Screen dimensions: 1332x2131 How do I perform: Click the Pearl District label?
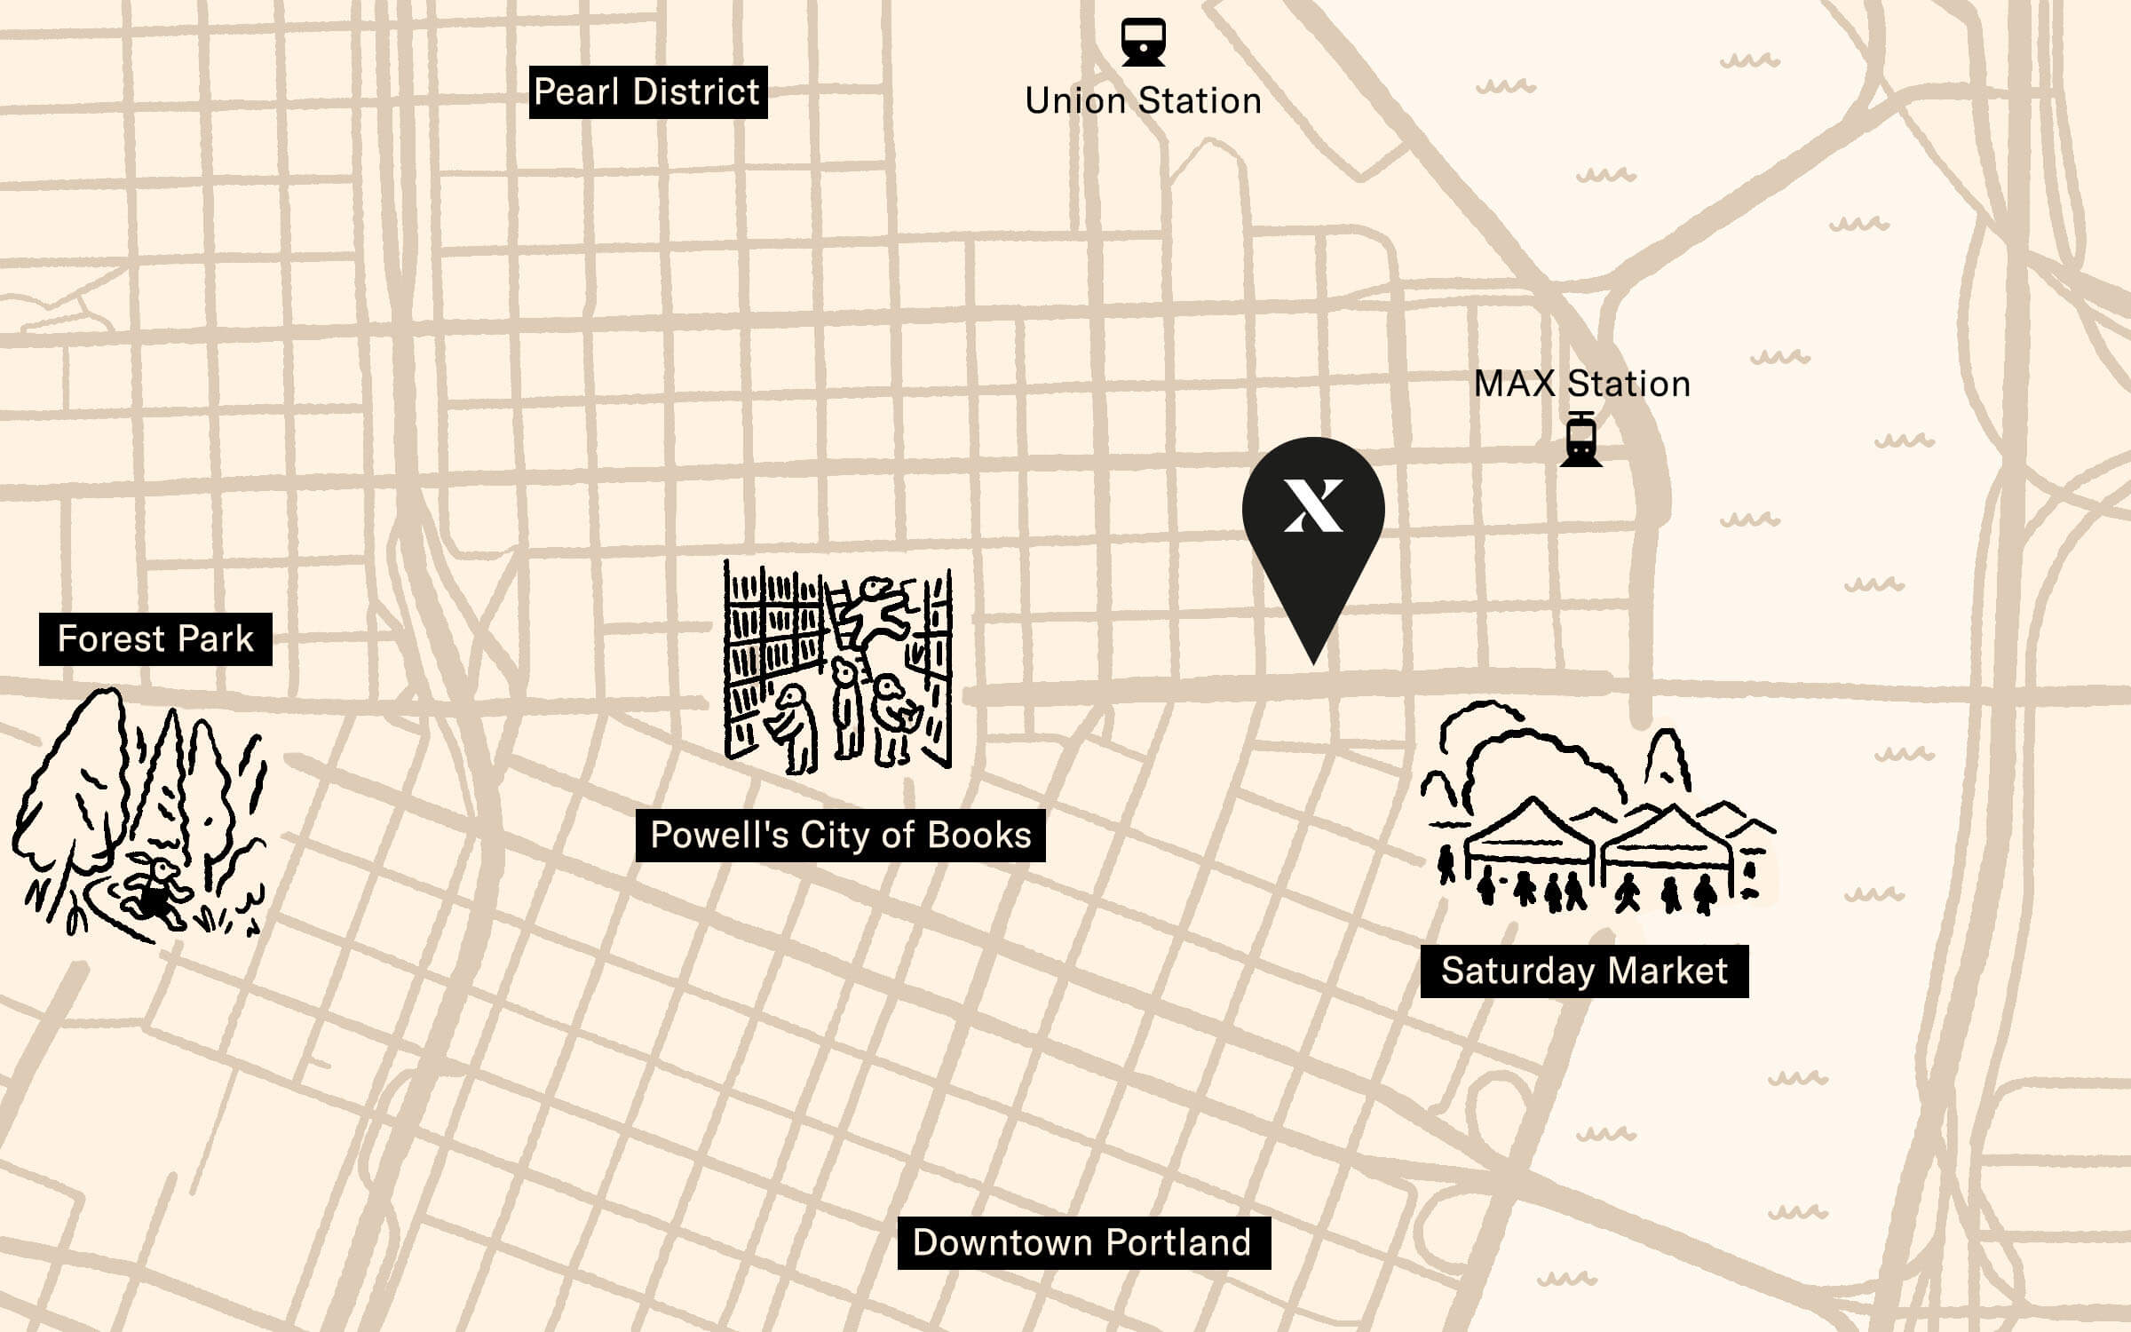click(647, 91)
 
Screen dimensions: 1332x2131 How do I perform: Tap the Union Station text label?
click(1143, 101)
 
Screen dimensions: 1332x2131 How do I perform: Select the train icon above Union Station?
click(1143, 42)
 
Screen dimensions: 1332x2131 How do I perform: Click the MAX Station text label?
click(1581, 385)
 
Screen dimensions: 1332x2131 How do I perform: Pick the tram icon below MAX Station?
click(1580, 440)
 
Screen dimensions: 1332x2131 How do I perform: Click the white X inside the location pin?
click(1313, 505)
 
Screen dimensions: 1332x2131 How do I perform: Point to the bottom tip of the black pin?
click(1313, 661)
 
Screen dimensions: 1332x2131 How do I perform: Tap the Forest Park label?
click(155, 639)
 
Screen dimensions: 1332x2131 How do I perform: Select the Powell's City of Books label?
click(840, 836)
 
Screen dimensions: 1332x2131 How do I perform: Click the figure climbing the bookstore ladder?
click(875, 613)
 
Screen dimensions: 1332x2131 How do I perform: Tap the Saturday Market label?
click(1584, 971)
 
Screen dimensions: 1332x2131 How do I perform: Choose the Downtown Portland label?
click(1083, 1242)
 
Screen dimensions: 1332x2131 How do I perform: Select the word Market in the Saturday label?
click(1668, 971)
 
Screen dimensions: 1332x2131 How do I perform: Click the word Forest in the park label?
click(111, 639)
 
